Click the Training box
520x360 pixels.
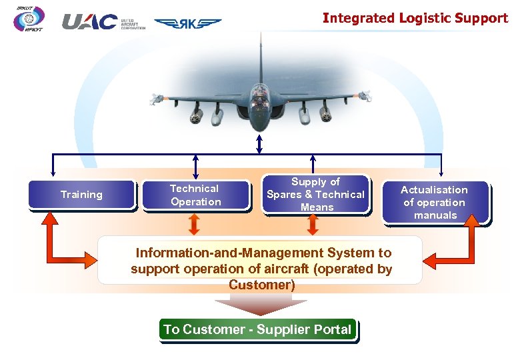point(81,195)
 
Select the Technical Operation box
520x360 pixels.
point(195,195)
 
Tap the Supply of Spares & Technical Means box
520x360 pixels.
point(315,195)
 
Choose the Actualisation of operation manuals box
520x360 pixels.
point(435,203)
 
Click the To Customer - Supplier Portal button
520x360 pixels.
point(257,330)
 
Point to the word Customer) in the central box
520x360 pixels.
point(261,285)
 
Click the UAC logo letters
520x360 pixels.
point(90,22)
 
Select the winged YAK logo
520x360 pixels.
point(188,23)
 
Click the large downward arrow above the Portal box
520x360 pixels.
point(261,304)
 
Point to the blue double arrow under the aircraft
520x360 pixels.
point(259,143)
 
